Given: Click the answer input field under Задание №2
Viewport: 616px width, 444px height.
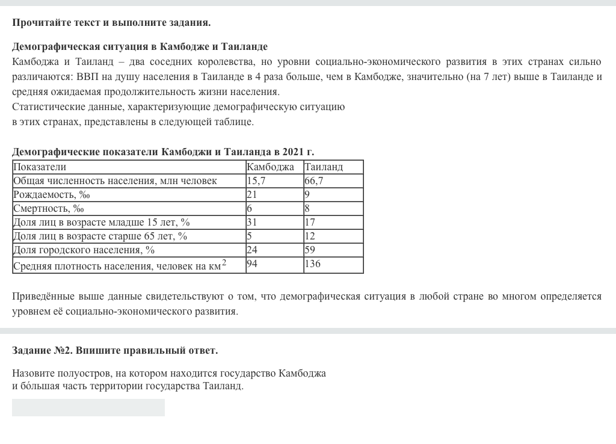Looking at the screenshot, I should click(88, 407).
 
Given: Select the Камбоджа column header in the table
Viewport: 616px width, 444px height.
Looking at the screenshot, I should click(270, 167).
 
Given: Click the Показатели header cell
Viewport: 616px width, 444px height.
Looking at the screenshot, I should click(40, 167).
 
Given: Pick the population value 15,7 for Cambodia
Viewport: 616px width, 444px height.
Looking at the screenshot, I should click(256, 180).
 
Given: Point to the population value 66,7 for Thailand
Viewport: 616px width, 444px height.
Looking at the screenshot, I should click(314, 180).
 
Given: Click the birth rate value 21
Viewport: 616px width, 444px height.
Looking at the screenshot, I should click(252, 194).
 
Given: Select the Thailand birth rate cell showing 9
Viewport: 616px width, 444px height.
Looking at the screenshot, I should click(307, 194).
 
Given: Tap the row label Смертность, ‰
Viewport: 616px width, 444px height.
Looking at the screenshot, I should click(49, 208).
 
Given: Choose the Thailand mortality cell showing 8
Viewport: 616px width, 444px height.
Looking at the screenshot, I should click(307, 208).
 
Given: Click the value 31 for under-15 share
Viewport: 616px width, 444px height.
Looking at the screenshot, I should click(252, 222).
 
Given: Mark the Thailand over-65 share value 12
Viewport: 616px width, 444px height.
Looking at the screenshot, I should click(310, 236).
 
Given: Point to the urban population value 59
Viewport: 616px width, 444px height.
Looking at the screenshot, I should click(310, 250).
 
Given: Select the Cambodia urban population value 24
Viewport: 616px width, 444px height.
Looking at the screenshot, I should click(252, 250).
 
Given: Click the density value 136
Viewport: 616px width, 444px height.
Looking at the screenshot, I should click(313, 264).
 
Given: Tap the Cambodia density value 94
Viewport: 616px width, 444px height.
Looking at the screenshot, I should click(252, 264).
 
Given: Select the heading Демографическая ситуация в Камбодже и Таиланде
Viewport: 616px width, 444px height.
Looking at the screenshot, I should click(140, 46).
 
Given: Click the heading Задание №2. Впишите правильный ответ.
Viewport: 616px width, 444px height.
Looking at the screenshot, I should click(115, 350).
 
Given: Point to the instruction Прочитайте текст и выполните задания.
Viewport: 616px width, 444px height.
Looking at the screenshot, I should click(111, 23).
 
